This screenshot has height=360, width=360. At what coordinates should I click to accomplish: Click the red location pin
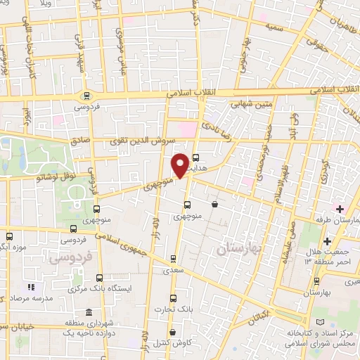tap(180, 165)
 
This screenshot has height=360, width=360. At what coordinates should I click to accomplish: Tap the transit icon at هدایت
tap(195, 158)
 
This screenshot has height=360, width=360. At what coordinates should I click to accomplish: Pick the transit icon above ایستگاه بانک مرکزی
tap(99, 278)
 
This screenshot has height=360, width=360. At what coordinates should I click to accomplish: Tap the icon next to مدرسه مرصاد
tap(30, 287)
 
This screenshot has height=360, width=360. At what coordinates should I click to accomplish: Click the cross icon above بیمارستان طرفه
tap(340, 209)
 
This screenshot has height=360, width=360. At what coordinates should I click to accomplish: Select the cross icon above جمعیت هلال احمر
tap(327, 242)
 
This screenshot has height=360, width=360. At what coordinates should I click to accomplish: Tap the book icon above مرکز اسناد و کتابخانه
tap(321, 321)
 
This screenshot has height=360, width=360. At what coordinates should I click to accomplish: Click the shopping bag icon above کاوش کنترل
tap(172, 333)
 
